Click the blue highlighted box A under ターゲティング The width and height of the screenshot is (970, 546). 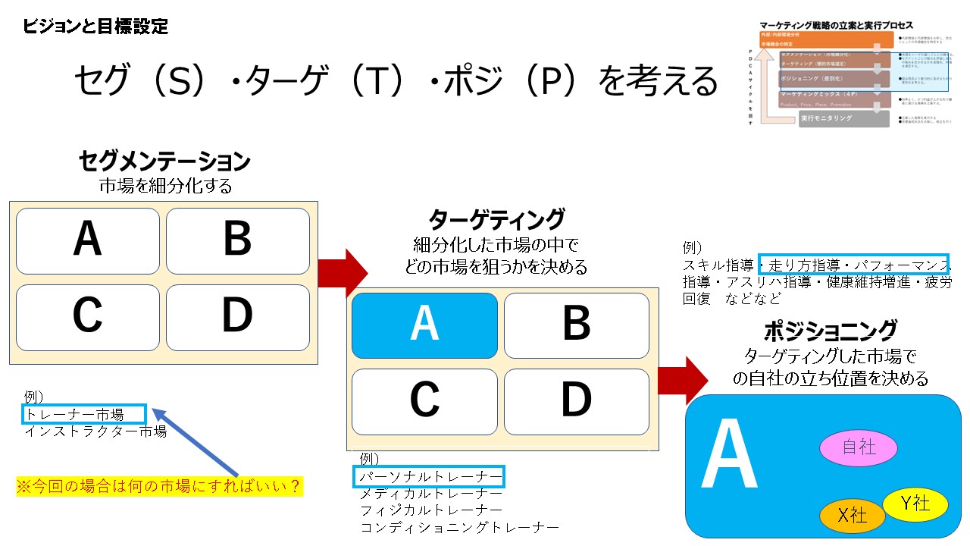click(424, 325)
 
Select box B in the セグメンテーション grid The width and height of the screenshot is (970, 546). click(238, 240)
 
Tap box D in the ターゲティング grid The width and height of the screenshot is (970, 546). click(576, 401)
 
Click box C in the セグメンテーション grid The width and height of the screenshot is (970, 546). click(88, 317)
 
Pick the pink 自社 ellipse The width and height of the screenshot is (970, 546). click(859, 447)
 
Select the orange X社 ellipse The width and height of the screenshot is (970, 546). click(853, 516)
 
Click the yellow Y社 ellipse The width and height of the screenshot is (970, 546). click(915, 504)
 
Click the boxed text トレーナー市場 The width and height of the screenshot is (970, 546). click(83, 414)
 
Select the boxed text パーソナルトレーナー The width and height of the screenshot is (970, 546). click(430, 477)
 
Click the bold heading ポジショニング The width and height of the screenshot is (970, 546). click(830, 331)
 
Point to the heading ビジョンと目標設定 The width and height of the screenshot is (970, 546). click(95, 27)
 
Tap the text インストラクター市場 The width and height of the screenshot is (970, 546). click(95, 431)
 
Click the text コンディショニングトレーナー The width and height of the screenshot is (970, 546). click(460, 527)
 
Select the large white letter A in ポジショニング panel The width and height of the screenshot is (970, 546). click(729, 455)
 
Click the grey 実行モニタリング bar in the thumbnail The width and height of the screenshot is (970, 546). click(843, 118)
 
